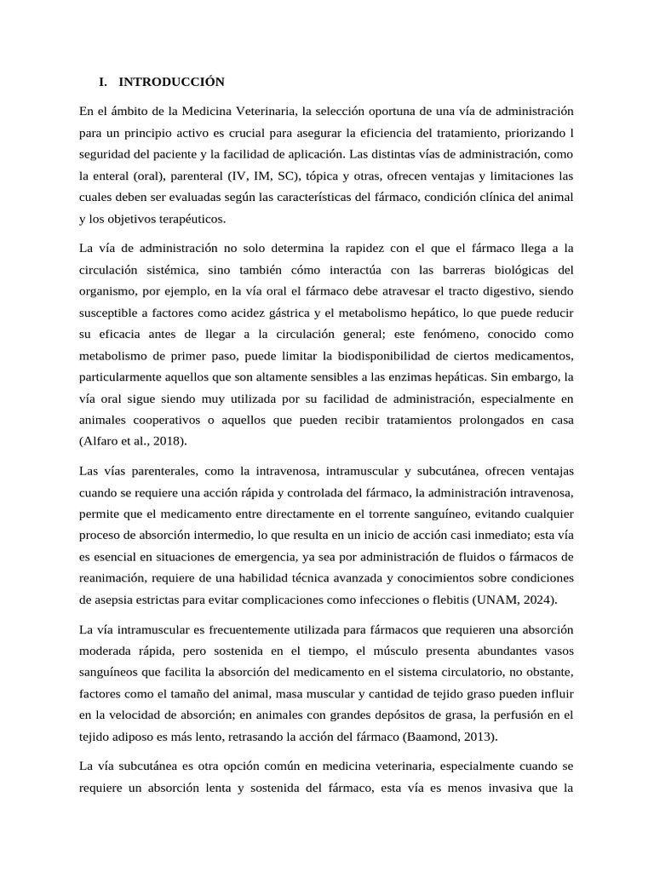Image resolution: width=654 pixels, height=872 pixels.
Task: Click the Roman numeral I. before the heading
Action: pos(103,83)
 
